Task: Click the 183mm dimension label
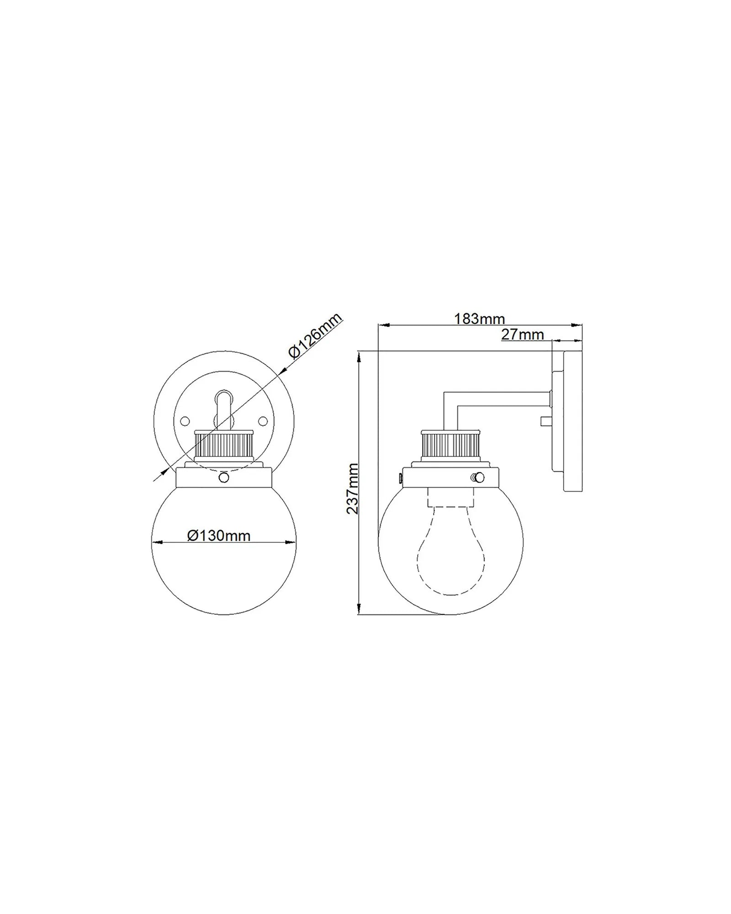[x=479, y=319]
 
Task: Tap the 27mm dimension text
[x=523, y=335]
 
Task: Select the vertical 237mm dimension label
[x=352, y=488]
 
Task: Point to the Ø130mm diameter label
[x=219, y=535]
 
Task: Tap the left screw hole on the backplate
[x=185, y=420]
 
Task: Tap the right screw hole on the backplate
[x=263, y=420]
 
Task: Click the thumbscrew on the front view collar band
[x=224, y=478]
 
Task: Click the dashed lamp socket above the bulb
[x=451, y=497]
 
